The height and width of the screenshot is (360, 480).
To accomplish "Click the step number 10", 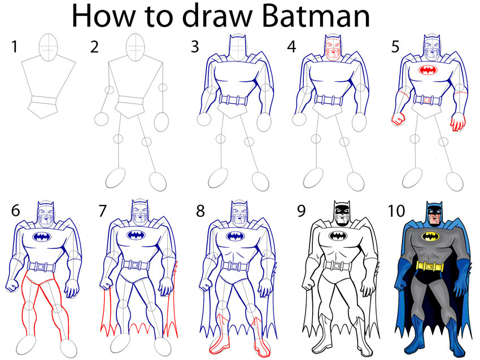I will coord(398,211).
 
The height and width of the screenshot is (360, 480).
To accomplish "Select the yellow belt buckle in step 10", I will coord(433,265).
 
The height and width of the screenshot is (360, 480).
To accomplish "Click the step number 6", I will coord(15,211).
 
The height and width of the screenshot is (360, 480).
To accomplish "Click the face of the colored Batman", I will coord(433,214).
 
